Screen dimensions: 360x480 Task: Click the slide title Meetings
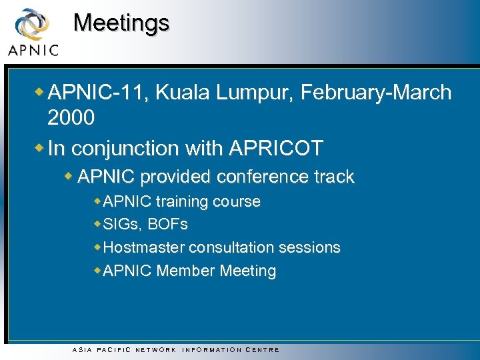pyautogui.click(x=121, y=23)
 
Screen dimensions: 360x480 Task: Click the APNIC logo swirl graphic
pyautogui.click(x=32, y=24)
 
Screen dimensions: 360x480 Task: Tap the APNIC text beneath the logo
pyautogui.click(x=33, y=50)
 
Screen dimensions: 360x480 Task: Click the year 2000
pyautogui.click(x=71, y=119)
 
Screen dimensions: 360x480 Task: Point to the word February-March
pyautogui.click(x=376, y=93)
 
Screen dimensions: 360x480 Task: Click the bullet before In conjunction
pyautogui.click(x=41, y=147)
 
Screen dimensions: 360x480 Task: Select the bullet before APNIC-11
pyautogui.click(x=41, y=91)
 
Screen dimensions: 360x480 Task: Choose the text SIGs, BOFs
pyautogui.click(x=146, y=224)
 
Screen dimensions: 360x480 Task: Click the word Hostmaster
pyautogui.click(x=144, y=247)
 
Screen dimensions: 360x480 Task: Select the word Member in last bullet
pyautogui.click(x=186, y=271)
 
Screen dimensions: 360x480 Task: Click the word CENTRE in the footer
pyautogui.click(x=263, y=349)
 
